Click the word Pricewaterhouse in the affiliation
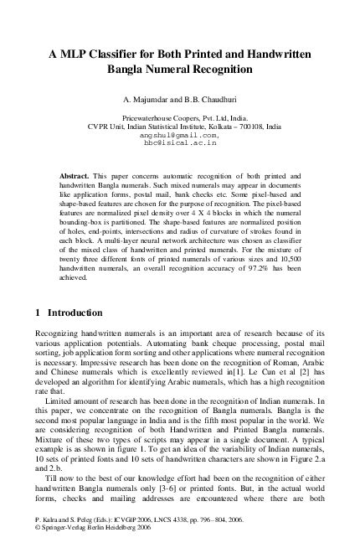point(151,118)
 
